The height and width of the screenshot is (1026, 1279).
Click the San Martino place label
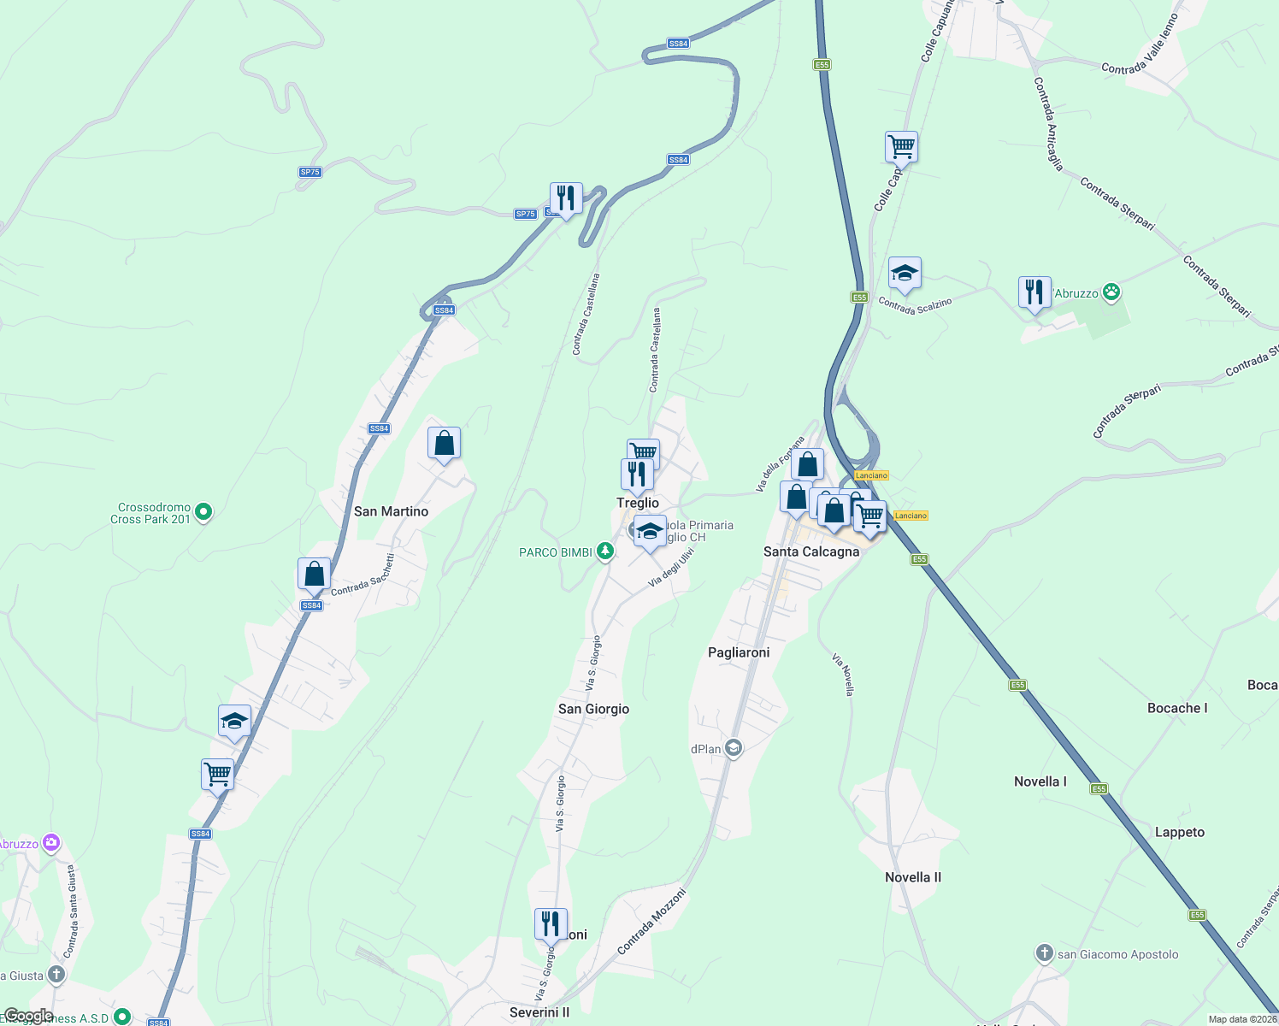pyautogui.click(x=391, y=511)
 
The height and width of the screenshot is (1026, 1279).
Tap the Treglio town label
pyautogui.click(x=638, y=503)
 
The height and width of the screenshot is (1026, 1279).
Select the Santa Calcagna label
pyautogui.click(x=810, y=551)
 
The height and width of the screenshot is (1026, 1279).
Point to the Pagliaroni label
pyautogui.click(x=739, y=652)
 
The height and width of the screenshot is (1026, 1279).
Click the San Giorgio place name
pyautogui.click(x=593, y=709)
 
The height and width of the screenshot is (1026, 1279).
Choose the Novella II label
pyautogui.click(x=913, y=877)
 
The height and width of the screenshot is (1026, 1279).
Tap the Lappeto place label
pyautogui.click(x=1179, y=832)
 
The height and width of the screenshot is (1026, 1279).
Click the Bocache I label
pyautogui.click(x=1177, y=708)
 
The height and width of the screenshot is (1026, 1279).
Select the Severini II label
pyautogui.click(x=539, y=1012)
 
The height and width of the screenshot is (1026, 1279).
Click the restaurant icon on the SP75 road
pyautogui.click(x=565, y=199)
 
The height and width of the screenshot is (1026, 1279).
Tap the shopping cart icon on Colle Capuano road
pyautogui.click(x=901, y=147)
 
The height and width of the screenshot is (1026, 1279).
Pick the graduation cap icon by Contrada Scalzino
pyautogui.click(x=905, y=274)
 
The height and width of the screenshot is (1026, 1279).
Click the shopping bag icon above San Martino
pyautogui.click(x=444, y=444)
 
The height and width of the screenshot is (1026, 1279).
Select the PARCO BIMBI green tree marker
pyautogui.click(x=605, y=551)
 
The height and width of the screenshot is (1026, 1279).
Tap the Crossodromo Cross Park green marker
pyautogui.click(x=203, y=512)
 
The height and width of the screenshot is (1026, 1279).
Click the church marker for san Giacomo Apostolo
pyautogui.click(x=1044, y=953)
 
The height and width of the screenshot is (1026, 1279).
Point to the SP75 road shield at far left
pyautogui.click(x=309, y=172)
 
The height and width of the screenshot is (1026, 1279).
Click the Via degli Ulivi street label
pyautogui.click(x=671, y=567)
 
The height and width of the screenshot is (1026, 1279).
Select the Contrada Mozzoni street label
pyautogui.click(x=651, y=922)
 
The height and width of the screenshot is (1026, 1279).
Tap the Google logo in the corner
pyautogui.click(x=28, y=1016)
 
